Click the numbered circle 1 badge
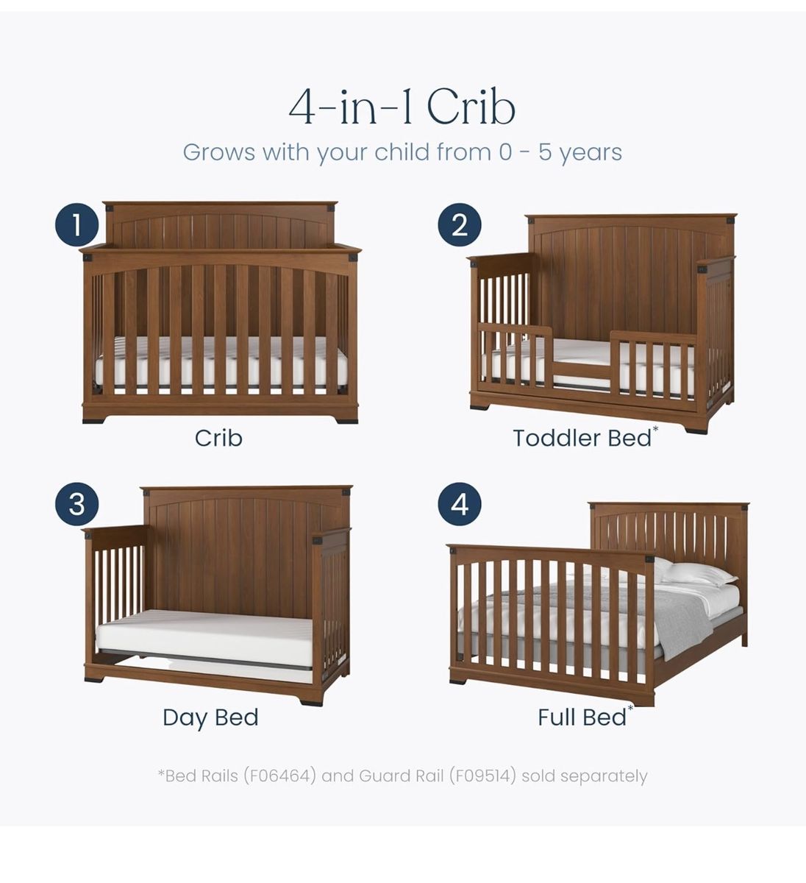coord(77,225)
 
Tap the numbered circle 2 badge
coord(460,225)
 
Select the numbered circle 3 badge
coord(77,504)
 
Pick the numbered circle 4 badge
coord(460,504)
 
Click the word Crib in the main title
coord(471,107)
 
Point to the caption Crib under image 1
coord(218,439)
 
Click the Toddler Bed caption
coord(582,439)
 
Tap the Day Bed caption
coord(210,717)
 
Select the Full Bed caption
coord(582,717)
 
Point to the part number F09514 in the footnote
coord(482,776)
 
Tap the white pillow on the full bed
coord(698,573)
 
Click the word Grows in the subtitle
coord(218,152)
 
